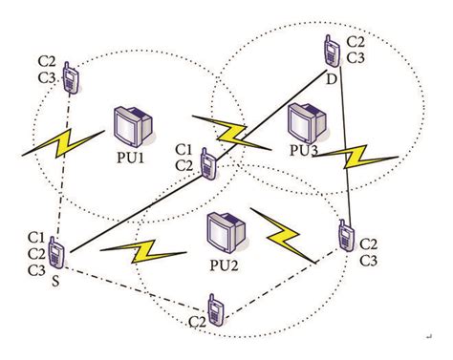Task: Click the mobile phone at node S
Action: pyautogui.click(x=55, y=255)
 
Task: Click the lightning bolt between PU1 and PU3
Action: pyautogui.click(x=229, y=131)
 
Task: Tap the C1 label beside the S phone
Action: pyautogui.click(x=36, y=237)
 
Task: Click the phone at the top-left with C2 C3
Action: pyautogui.click(x=70, y=79)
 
